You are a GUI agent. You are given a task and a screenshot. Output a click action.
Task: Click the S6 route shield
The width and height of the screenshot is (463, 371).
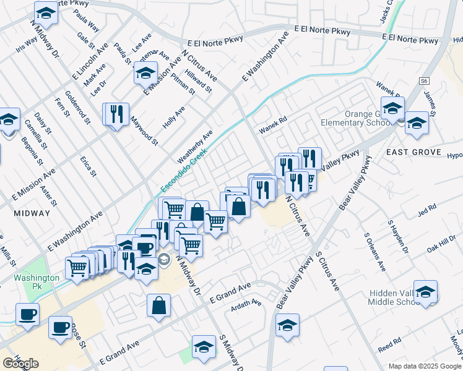tap(423, 81)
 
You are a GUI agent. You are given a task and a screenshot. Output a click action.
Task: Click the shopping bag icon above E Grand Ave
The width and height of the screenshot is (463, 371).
tap(159, 305)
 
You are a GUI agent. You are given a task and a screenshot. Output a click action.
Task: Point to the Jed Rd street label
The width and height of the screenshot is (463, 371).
tap(427, 210)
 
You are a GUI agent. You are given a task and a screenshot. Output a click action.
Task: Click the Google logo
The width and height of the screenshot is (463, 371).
tap(20, 364)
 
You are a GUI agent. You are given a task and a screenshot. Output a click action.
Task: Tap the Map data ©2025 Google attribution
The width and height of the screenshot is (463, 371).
tap(425, 366)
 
